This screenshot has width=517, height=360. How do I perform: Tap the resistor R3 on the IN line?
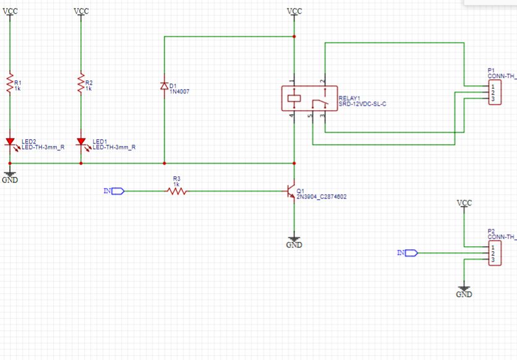(177, 191)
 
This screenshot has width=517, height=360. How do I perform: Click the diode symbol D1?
(164, 86)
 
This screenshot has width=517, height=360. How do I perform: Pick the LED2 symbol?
(10, 143)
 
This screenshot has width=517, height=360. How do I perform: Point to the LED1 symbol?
(81, 143)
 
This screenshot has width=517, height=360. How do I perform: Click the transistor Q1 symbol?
(291, 192)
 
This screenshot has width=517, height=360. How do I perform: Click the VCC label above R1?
(10, 11)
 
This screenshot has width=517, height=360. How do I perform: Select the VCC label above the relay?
(294, 11)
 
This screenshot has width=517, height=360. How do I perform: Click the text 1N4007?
(180, 92)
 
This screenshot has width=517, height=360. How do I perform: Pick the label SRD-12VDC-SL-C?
(362, 104)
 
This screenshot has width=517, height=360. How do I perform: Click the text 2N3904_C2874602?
(322, 197)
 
